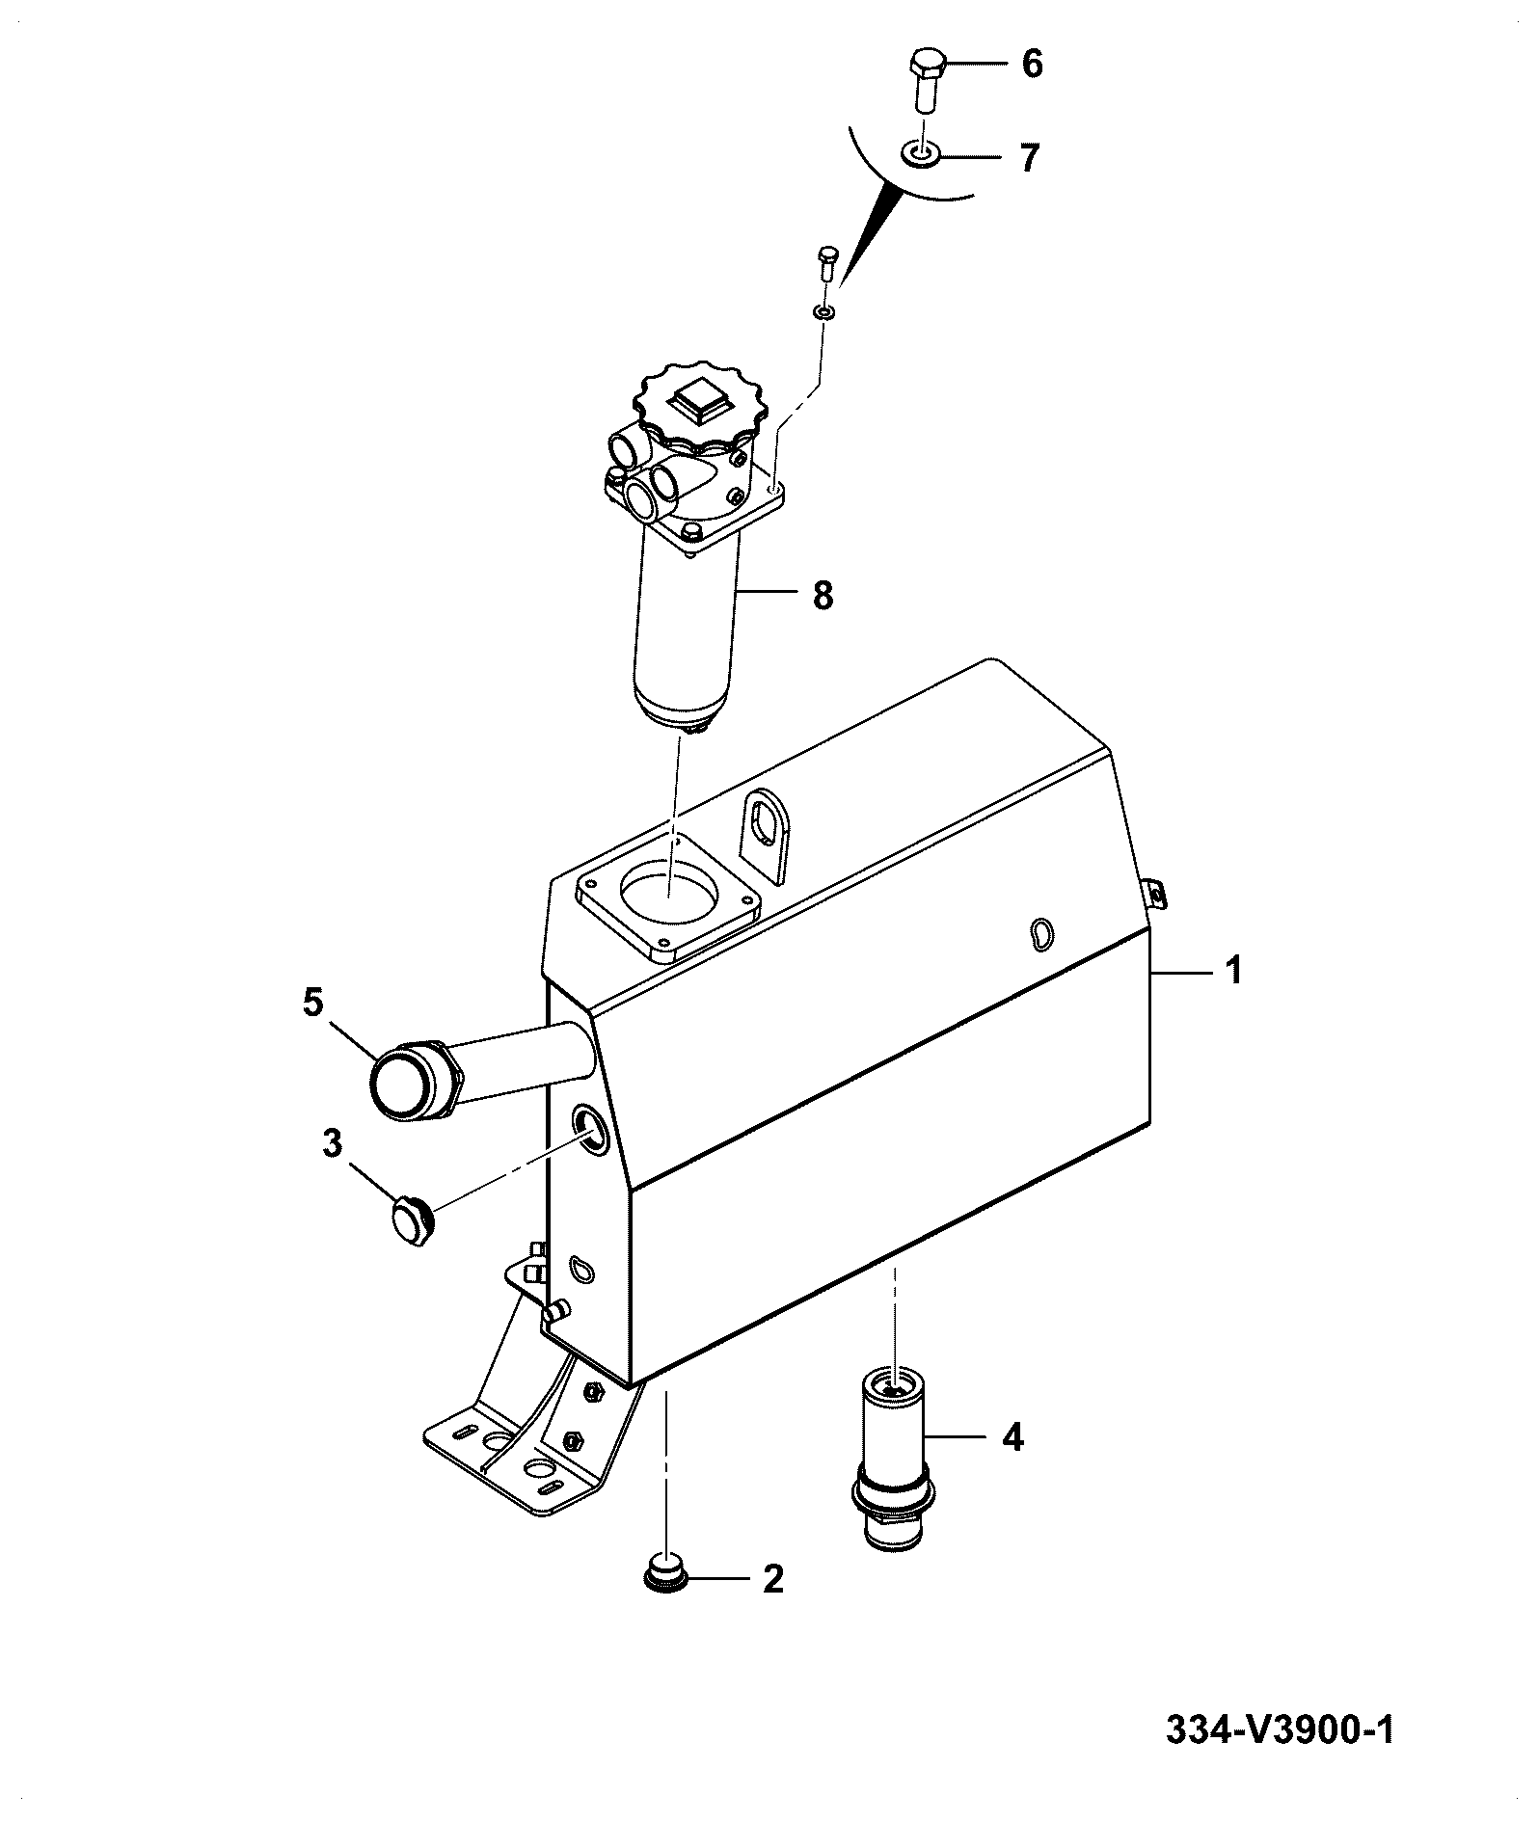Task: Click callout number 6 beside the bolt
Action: [x=1032, y=65]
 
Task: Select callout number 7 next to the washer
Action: [x=1031, y=157]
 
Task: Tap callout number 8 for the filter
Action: [x=822, y=595]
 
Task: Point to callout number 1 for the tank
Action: [x=1233, y=970]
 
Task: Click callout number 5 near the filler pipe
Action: [x=312, y=1003]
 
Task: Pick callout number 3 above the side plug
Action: [x=332, y=1144]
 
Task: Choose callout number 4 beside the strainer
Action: [x=1012, y=1437]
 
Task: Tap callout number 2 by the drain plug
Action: [x=772, y=1579]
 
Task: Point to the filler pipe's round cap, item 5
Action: [x=404, y=1081]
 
